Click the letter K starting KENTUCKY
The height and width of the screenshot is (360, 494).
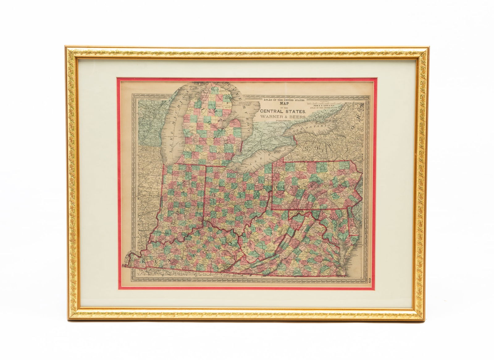(x=144, y=262)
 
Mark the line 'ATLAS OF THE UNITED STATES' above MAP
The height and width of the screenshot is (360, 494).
(x=284, y=100)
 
